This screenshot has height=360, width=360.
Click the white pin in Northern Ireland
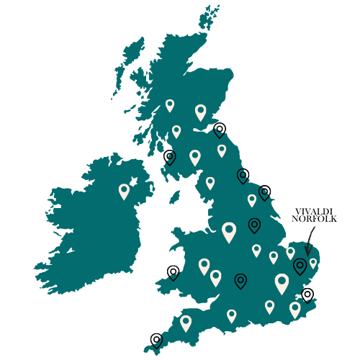point(124,191)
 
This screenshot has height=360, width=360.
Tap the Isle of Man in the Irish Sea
point(174,197)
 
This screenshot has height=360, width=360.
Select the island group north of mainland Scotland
point(210,17)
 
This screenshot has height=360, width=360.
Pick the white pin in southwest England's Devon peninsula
point(186,323)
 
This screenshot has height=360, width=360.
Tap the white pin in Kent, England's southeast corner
point(295,309)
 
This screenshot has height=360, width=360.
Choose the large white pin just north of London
point(282,282)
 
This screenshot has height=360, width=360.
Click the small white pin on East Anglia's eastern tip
point(313,263)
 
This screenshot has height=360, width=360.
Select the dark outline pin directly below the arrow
point(300,266)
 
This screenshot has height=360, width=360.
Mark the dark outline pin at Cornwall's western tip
point(157,342)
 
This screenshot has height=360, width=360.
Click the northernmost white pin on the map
point(170,105)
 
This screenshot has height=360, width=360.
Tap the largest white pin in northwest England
point(229,231)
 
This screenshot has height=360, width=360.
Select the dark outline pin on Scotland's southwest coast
point(170,156)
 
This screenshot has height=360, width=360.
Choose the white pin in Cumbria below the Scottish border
point(210,183)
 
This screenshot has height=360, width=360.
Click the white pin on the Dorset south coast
point(231,315)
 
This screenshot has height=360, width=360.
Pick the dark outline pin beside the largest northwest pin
point(254,225)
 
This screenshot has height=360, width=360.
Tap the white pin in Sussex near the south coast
point(269,306)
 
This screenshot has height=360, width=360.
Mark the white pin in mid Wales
point(204,266)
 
